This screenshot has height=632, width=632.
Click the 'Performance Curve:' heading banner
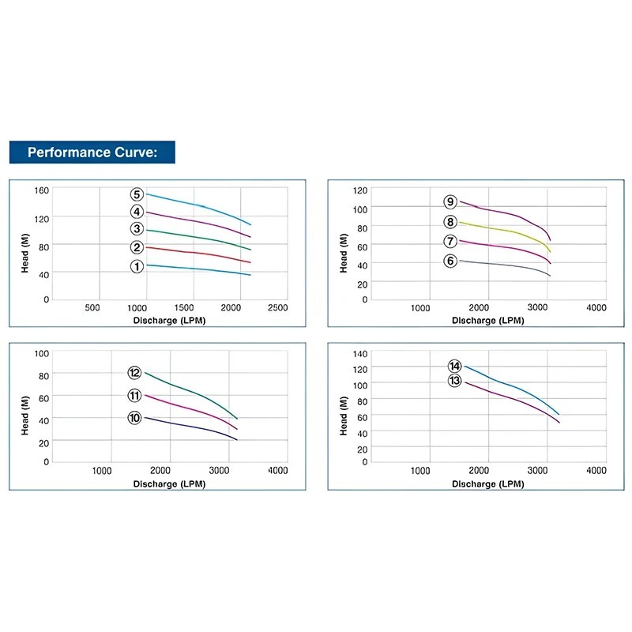tap(92, 152)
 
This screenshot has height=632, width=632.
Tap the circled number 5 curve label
tap(137, 194)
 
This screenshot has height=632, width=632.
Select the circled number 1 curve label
tap(137, 266)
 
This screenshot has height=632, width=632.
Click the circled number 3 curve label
tap(137, 229)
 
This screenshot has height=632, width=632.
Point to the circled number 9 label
tap(450, 202)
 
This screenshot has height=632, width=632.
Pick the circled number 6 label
tap(450, 261)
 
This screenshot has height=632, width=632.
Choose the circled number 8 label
tap(450, 222)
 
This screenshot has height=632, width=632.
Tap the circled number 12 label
tap(134, 373)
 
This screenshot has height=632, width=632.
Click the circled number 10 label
tap(134, 417)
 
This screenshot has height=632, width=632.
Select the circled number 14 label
tap(454, 366)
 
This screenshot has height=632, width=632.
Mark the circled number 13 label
tap(454, 381)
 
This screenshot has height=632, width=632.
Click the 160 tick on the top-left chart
tap(41, 190)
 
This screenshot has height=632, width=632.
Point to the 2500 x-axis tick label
tap(276, 308)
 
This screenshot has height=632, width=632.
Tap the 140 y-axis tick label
tap(360, 352)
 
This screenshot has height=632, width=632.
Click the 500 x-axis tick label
tap(92, 308)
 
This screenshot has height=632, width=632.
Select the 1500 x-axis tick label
tap(184, 308)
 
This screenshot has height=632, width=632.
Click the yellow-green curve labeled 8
tap(506, 231)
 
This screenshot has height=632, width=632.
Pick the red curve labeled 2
tap(197, 253)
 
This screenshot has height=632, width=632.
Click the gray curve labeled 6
tap(506, 266)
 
